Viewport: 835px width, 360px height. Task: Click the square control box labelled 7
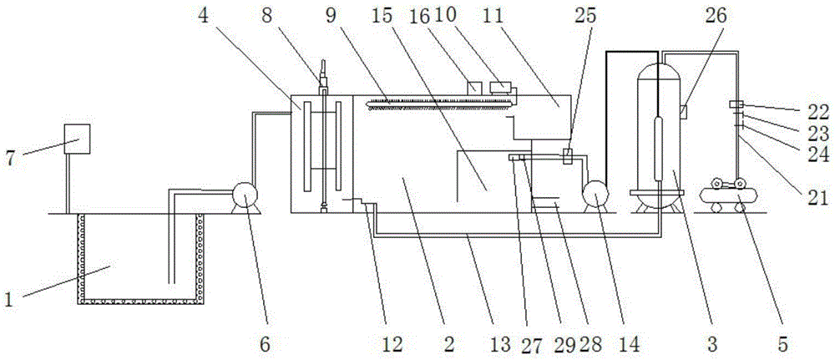pos(77,139)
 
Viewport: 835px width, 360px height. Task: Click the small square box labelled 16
pos(474,86)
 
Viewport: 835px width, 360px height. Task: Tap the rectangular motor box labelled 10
pos(501,88)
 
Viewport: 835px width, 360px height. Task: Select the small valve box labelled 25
pos(568,156)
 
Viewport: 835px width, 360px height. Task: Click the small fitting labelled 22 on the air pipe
pos(737,104)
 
